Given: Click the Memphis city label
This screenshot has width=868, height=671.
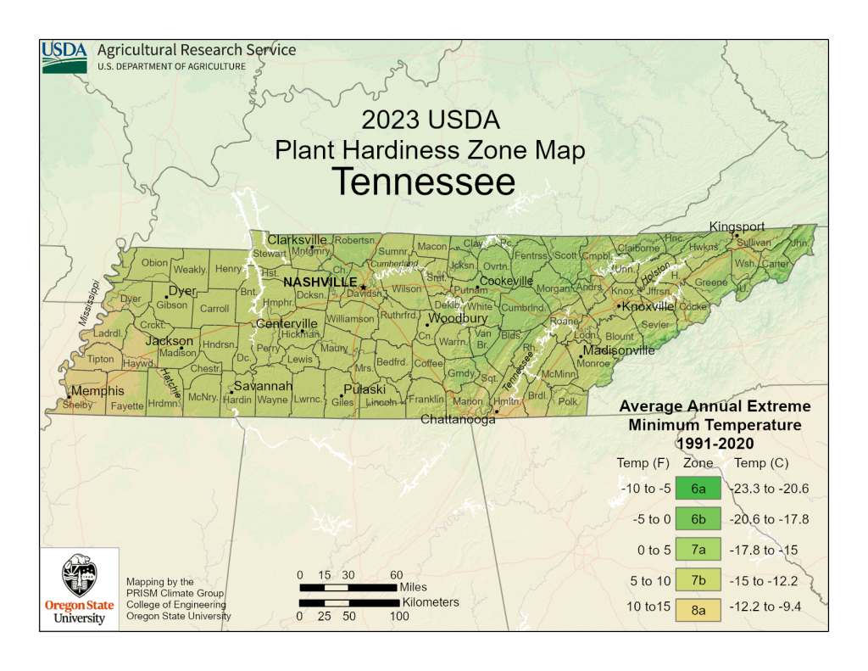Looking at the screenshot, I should [x=97, y=391].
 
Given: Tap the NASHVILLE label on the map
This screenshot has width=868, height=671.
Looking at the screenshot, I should [x=320, y=282].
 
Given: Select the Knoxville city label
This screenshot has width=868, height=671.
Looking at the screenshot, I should [x=648, y=306].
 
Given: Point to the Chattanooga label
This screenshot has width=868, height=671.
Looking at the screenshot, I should [x=458, y=419].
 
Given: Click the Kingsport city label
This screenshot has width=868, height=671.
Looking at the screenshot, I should [x=737, y=226].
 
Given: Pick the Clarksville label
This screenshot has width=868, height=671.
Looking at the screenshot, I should [x=297, y=239].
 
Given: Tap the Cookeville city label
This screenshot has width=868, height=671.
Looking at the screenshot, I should [x=506, y=281].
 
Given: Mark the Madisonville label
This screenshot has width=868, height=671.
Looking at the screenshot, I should [x=619, y=349].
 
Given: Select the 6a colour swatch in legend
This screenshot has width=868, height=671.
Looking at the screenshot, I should [x=698, y=489].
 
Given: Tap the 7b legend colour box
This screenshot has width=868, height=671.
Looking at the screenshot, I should [x=698, y=580].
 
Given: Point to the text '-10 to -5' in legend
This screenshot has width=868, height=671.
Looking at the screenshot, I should [x=646, y=489].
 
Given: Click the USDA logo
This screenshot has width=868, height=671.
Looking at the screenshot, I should [x=64, y=58].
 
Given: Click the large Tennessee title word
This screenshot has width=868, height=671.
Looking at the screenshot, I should [x=422, y=182].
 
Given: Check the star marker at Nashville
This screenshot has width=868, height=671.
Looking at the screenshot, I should [x=363, y=288].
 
